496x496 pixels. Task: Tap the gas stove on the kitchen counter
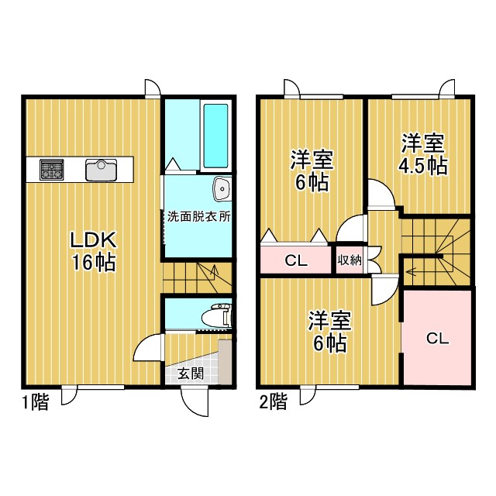[x=53, y=169]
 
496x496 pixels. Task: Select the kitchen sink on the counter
[x=101, y=170]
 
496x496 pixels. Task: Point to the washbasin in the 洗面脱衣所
[x=222, y=188]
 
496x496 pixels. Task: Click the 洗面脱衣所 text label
[x=199, y=217]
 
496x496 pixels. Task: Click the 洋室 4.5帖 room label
[x=423, y=155]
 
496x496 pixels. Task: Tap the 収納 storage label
[x=350, y=260]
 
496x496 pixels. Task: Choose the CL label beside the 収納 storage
[x=295, y=260]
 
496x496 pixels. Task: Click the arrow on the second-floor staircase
[x=410, y=272]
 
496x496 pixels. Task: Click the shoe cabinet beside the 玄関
[x=225, y=361]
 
